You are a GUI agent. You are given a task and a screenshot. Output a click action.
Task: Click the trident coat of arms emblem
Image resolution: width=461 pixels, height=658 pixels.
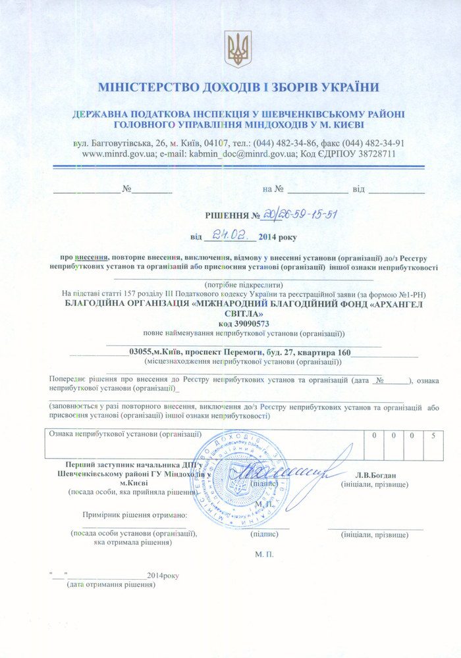pos(238,49)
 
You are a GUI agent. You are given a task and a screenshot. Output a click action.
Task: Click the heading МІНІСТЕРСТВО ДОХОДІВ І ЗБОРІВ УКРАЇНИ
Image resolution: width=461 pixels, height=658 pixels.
pos(238,87)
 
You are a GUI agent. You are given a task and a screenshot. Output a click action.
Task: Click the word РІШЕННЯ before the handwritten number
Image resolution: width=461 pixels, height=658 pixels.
pos(228,215)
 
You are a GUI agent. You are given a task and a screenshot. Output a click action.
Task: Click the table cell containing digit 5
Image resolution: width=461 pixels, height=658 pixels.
pos(433,436)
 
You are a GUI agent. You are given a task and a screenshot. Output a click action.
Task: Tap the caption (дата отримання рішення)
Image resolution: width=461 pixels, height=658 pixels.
pos(111,584)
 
